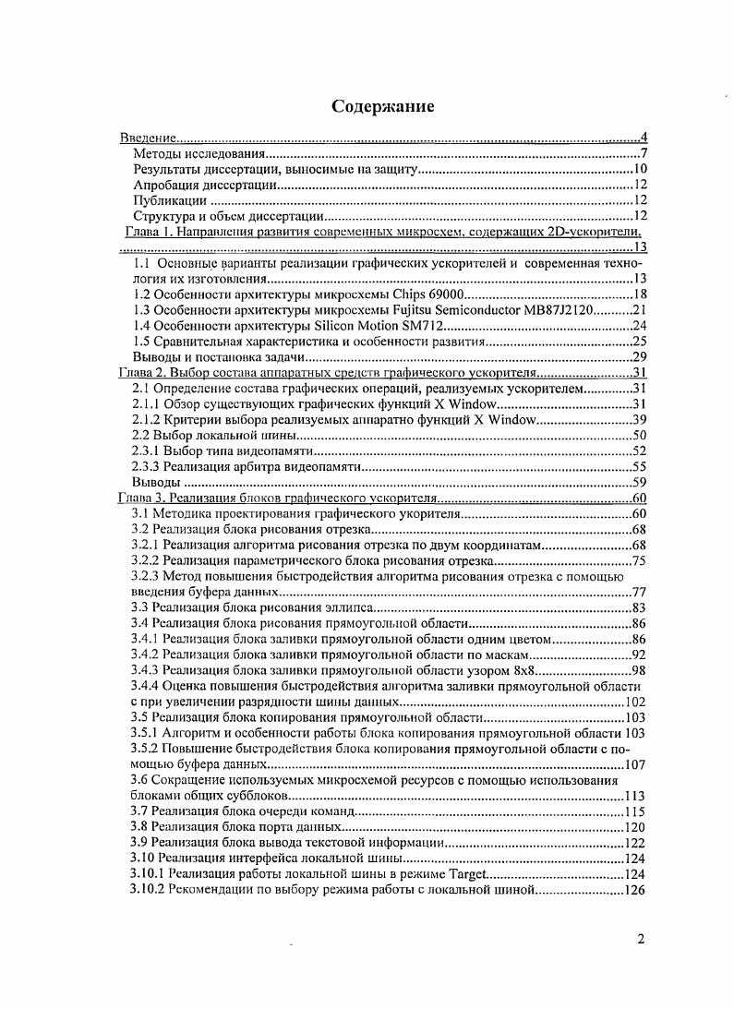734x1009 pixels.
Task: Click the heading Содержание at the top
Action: click(383, 107)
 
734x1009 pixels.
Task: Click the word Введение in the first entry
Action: click(149, 138)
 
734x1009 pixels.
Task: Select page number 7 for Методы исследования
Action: click(642, 153)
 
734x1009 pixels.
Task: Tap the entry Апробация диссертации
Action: click(205, 185)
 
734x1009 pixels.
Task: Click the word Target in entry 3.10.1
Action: click(466, 874)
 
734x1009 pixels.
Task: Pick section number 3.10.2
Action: click(148, 890)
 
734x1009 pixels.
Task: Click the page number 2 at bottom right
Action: click(640, 941)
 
